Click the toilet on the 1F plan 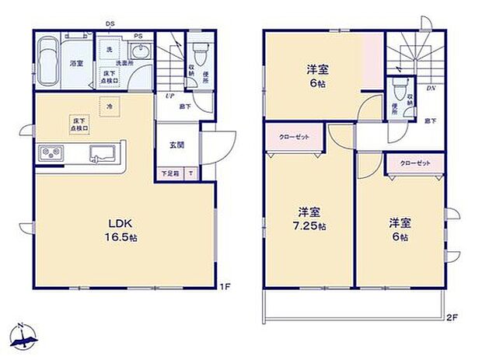pyautogui.click(x=200, y=51)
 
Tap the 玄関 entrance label pyautogui.click(x=176, y=145)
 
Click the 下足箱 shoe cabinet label pyautogui.click(x=169, y=173)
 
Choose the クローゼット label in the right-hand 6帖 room pyautogui.click(x=414, y=163)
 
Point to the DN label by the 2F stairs pyautogui.click(x=431, y=88)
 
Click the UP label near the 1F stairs pyautogui.click(x=169, y=96)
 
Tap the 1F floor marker pyautogui.click(x=225, y=287)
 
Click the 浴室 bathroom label pyautogui.click(x=77, y=61)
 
